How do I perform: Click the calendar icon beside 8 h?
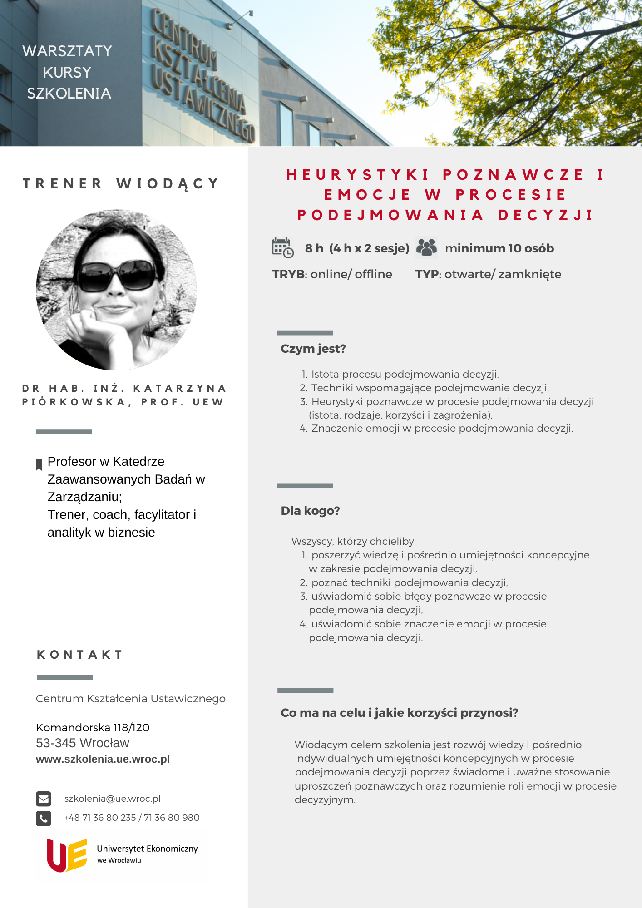282,247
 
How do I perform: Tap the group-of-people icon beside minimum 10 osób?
426,247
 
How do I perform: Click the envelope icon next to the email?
44,799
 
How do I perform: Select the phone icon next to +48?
44,818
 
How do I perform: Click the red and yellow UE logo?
67,855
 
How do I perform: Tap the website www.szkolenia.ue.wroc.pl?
103,759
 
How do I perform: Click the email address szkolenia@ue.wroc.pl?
112,799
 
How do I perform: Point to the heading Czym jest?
313,349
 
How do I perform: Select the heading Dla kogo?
310,511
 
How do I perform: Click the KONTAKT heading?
80,655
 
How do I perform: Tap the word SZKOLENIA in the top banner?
69,93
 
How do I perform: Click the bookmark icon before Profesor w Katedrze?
39,464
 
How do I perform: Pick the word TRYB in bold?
288,274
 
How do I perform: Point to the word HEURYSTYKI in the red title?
358,175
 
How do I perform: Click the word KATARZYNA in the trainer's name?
179,389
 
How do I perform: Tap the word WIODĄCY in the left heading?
168,183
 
